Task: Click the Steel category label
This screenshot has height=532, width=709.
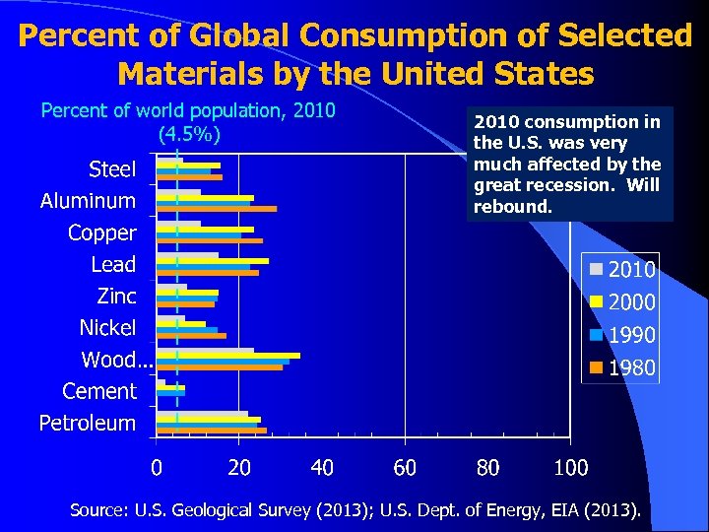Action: [112, 169]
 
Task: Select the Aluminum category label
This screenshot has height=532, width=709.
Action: [88, 201]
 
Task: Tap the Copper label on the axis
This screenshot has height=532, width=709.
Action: [101, 233]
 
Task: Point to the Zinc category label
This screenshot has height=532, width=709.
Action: [116, 296]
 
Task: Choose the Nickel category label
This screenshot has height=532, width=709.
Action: [107, 327]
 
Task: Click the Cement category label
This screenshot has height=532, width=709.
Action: [98, 391]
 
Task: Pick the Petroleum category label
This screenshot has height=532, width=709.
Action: [87, 424]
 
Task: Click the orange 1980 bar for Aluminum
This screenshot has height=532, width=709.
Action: [217, 209]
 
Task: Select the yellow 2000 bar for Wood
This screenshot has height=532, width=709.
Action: [228, 355]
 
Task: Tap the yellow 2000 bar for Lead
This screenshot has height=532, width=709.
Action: [213, 261]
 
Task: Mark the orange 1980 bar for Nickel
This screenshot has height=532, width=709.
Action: [191, 336]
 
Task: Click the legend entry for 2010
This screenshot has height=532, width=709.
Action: [622, 269]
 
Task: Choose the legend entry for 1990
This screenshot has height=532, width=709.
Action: [622, 336]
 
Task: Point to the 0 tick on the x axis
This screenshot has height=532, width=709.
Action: [156, 467]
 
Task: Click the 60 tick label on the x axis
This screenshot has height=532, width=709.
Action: [405, 467]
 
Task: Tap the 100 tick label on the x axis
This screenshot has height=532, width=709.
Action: [571, 467]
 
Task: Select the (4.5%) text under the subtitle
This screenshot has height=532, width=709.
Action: [188, 133]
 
